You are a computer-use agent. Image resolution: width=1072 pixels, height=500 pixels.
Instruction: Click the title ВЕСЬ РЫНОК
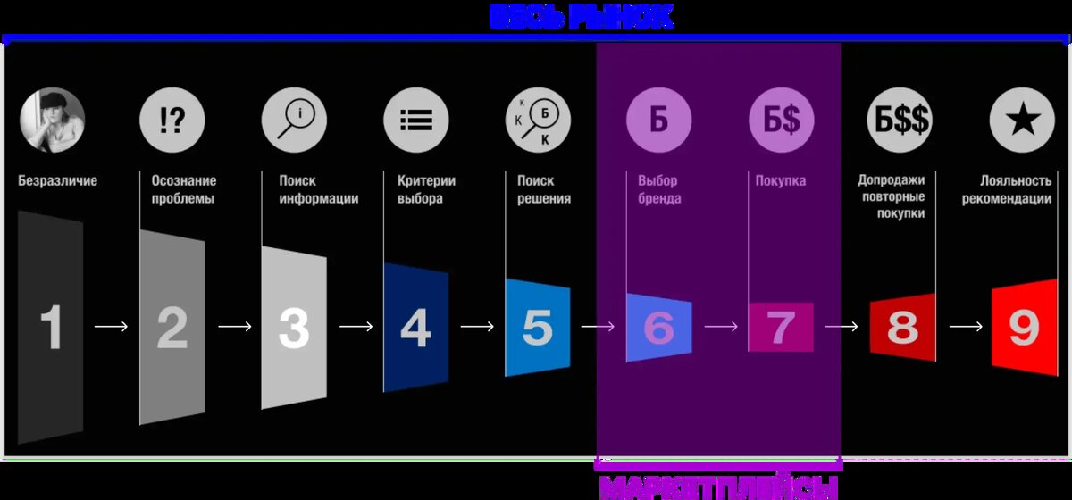581,16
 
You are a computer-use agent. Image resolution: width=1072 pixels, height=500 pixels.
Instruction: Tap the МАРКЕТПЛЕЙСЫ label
718,487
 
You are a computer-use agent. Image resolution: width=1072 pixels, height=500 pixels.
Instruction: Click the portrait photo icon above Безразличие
52,121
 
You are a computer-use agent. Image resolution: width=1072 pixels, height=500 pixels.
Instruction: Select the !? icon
172,121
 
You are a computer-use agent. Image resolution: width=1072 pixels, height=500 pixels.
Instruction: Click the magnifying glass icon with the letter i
294,121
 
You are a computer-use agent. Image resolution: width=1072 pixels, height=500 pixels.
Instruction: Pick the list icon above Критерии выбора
415,121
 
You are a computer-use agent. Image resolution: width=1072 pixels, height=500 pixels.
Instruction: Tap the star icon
1022,121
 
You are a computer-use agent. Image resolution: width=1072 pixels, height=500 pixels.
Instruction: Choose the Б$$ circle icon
900,121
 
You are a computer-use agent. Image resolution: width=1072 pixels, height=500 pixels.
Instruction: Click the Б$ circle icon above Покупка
781,121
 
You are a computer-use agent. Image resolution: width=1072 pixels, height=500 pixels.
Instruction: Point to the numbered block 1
51,327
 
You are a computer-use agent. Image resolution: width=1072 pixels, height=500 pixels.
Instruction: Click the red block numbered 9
1024,327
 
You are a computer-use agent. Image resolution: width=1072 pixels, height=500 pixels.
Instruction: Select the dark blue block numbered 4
415,327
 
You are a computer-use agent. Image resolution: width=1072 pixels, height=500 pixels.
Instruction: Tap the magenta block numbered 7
781,327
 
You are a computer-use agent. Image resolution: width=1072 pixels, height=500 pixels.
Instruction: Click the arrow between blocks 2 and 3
235,327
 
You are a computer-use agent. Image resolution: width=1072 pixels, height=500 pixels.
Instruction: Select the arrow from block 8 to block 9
965,327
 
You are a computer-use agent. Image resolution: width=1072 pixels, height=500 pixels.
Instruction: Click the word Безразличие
58,181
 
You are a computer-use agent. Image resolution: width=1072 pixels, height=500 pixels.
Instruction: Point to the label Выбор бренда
657,189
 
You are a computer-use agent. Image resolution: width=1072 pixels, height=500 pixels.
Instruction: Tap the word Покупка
780,181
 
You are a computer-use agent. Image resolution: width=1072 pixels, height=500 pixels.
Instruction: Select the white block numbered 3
294,327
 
